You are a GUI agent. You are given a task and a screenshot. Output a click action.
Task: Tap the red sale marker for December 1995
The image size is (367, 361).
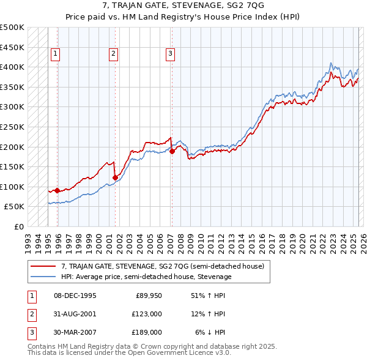(x=57, y=190)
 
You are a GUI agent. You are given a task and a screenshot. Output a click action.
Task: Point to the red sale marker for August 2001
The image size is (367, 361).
(x=115, y=177)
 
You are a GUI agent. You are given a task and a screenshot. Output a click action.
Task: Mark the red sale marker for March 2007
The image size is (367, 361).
(x=172, y=151)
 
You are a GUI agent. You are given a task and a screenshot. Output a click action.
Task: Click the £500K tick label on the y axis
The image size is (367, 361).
(x=12, y=28)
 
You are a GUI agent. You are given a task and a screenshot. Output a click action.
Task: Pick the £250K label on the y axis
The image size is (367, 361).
(x=12, y=127)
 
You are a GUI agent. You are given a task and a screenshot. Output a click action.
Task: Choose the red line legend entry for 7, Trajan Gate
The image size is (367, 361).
(x=162, y=266)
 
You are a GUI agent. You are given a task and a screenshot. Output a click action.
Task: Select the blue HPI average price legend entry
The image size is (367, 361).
(x=146, y=277)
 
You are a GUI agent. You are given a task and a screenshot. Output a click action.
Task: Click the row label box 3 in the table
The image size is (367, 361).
(x=31, y=332)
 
